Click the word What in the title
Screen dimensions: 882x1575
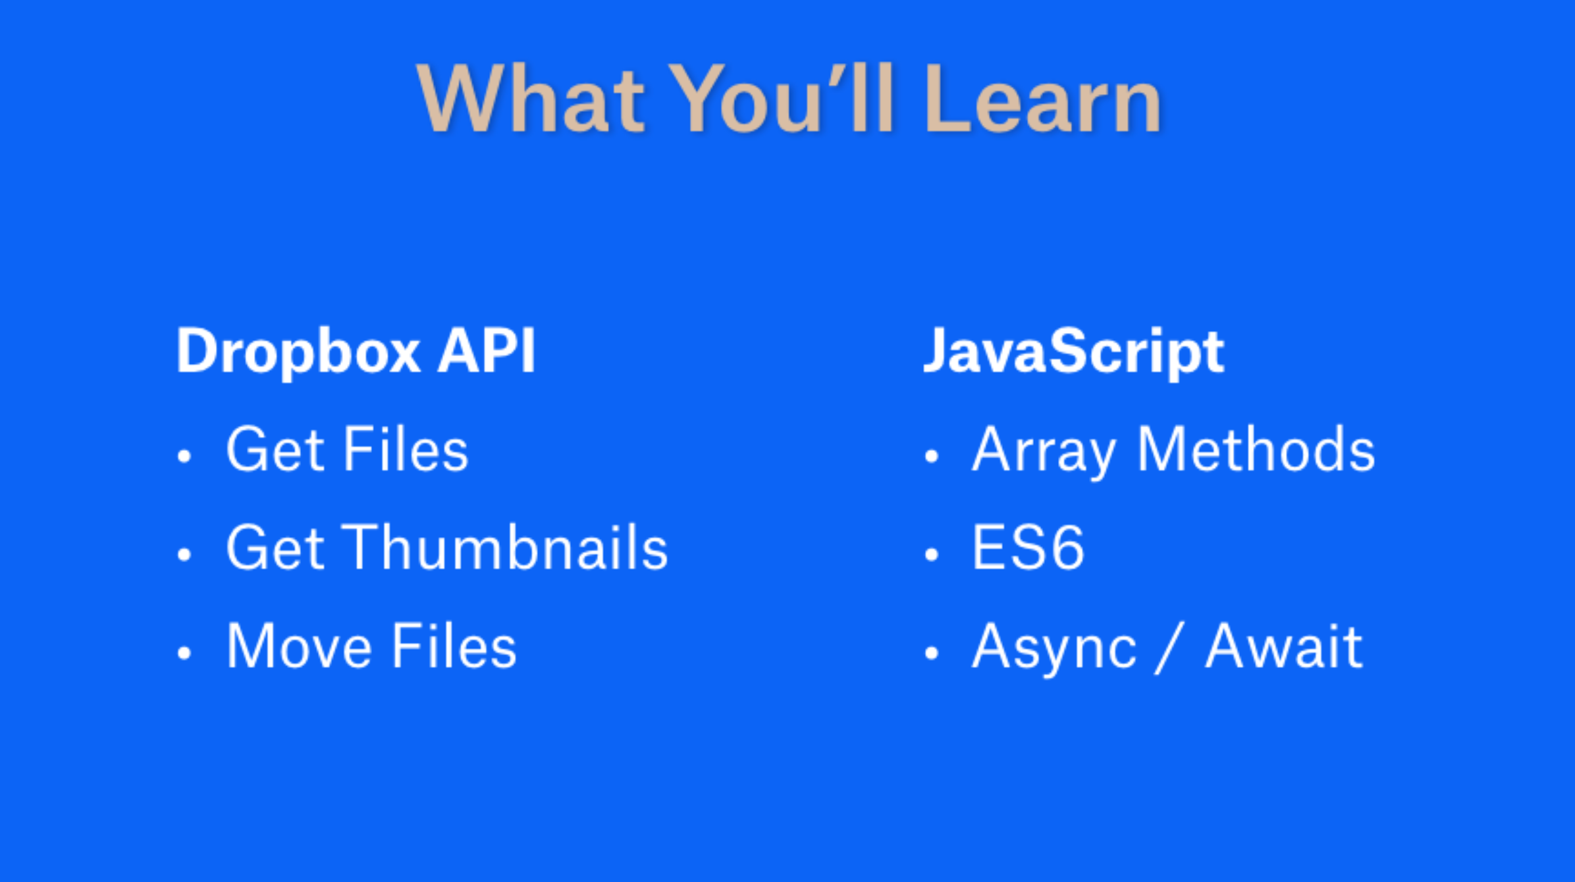[x=531, y=100]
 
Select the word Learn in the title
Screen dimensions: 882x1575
[x=1043, y=100]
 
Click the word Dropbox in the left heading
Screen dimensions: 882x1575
[x=298, y=352]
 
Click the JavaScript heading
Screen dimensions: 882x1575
[x=1073, y=352]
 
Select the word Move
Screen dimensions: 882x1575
[x=299, y=647]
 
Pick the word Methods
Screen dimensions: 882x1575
[x=1256, y=450]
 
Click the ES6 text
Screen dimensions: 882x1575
[x=1028, y=548]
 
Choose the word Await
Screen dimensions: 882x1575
[x=1283, y=647]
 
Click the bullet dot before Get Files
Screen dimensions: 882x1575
[x=184, y=455]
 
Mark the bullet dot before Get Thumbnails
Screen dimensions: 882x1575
[x=184, y=554]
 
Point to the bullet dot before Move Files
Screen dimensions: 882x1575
[x=184, y=653]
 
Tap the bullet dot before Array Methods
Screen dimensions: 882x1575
[x=931, y=455]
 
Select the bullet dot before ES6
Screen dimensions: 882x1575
[x=931, y=554]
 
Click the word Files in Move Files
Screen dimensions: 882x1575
[x=454, y=647]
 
